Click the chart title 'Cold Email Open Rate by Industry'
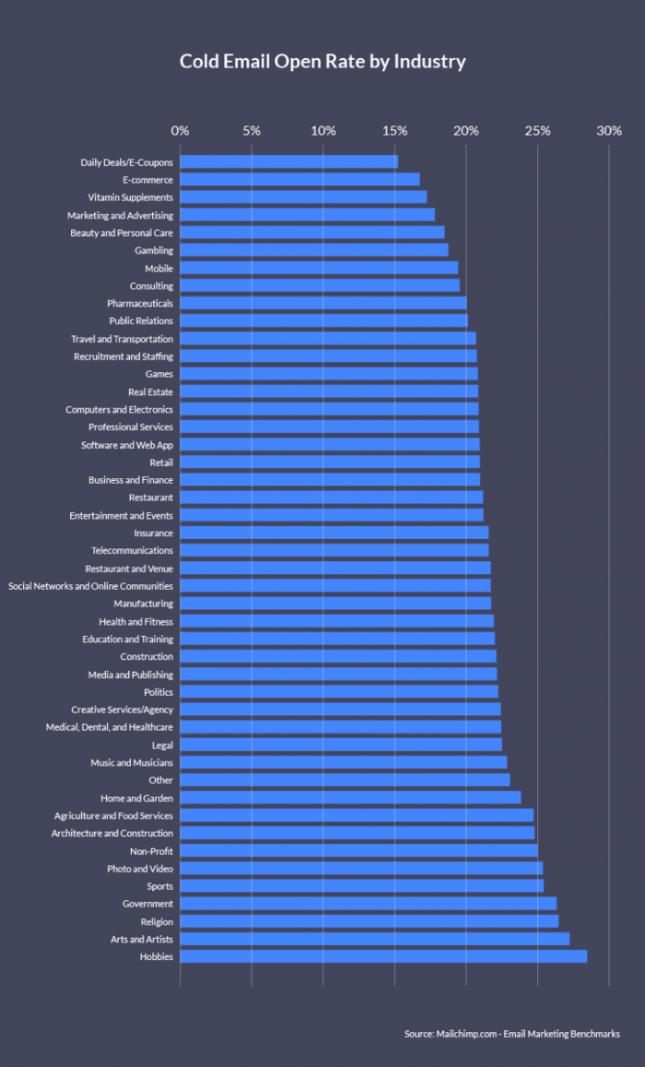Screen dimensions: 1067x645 [322, 62]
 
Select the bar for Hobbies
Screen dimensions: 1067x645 [383, 956]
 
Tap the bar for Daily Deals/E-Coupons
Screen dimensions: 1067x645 [289, 162]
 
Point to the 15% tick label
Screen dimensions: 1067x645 [394, 131]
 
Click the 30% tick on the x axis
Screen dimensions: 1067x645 [609, 131]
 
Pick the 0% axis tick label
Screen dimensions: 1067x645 [181, 131]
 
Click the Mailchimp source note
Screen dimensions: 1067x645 [511, 1034]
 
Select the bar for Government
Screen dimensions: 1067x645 [369, 904]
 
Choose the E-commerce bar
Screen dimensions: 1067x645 [300, 180]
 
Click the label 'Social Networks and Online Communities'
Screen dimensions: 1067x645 [90, 586]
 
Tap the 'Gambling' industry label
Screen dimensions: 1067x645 [154, 251]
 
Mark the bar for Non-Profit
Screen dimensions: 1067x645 [359, 850]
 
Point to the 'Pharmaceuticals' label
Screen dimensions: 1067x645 [140, 303]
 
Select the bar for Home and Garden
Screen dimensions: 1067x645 [351, 798]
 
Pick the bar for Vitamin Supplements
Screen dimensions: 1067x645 [304, 197]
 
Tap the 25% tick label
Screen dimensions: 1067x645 [538, 131]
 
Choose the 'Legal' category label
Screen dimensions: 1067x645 [162, 745]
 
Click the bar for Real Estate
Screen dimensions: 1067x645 [329, 392]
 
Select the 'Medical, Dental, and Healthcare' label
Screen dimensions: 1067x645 [110, 727]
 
